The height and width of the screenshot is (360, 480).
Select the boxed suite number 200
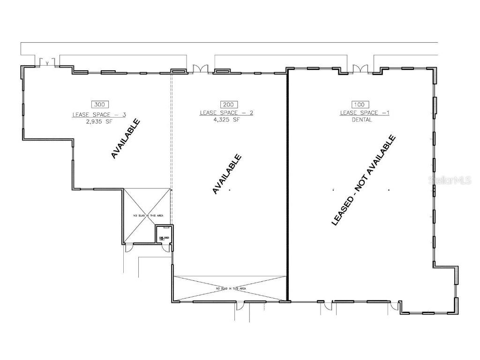(229, 104)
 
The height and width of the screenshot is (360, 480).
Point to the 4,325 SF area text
(229, 120)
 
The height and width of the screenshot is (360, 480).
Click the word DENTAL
(362, 120)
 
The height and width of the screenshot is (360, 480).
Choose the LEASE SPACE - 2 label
(226, 113)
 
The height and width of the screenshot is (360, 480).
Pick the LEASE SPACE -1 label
(365, 113)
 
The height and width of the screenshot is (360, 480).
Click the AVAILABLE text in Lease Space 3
(126, 139)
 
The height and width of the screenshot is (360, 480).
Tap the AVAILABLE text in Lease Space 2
(227, 174)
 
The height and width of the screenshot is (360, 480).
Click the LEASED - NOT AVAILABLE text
(363, 180)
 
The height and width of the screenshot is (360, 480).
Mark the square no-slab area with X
(147, 215)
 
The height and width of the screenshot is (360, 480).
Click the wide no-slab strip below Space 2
(230, 288)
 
